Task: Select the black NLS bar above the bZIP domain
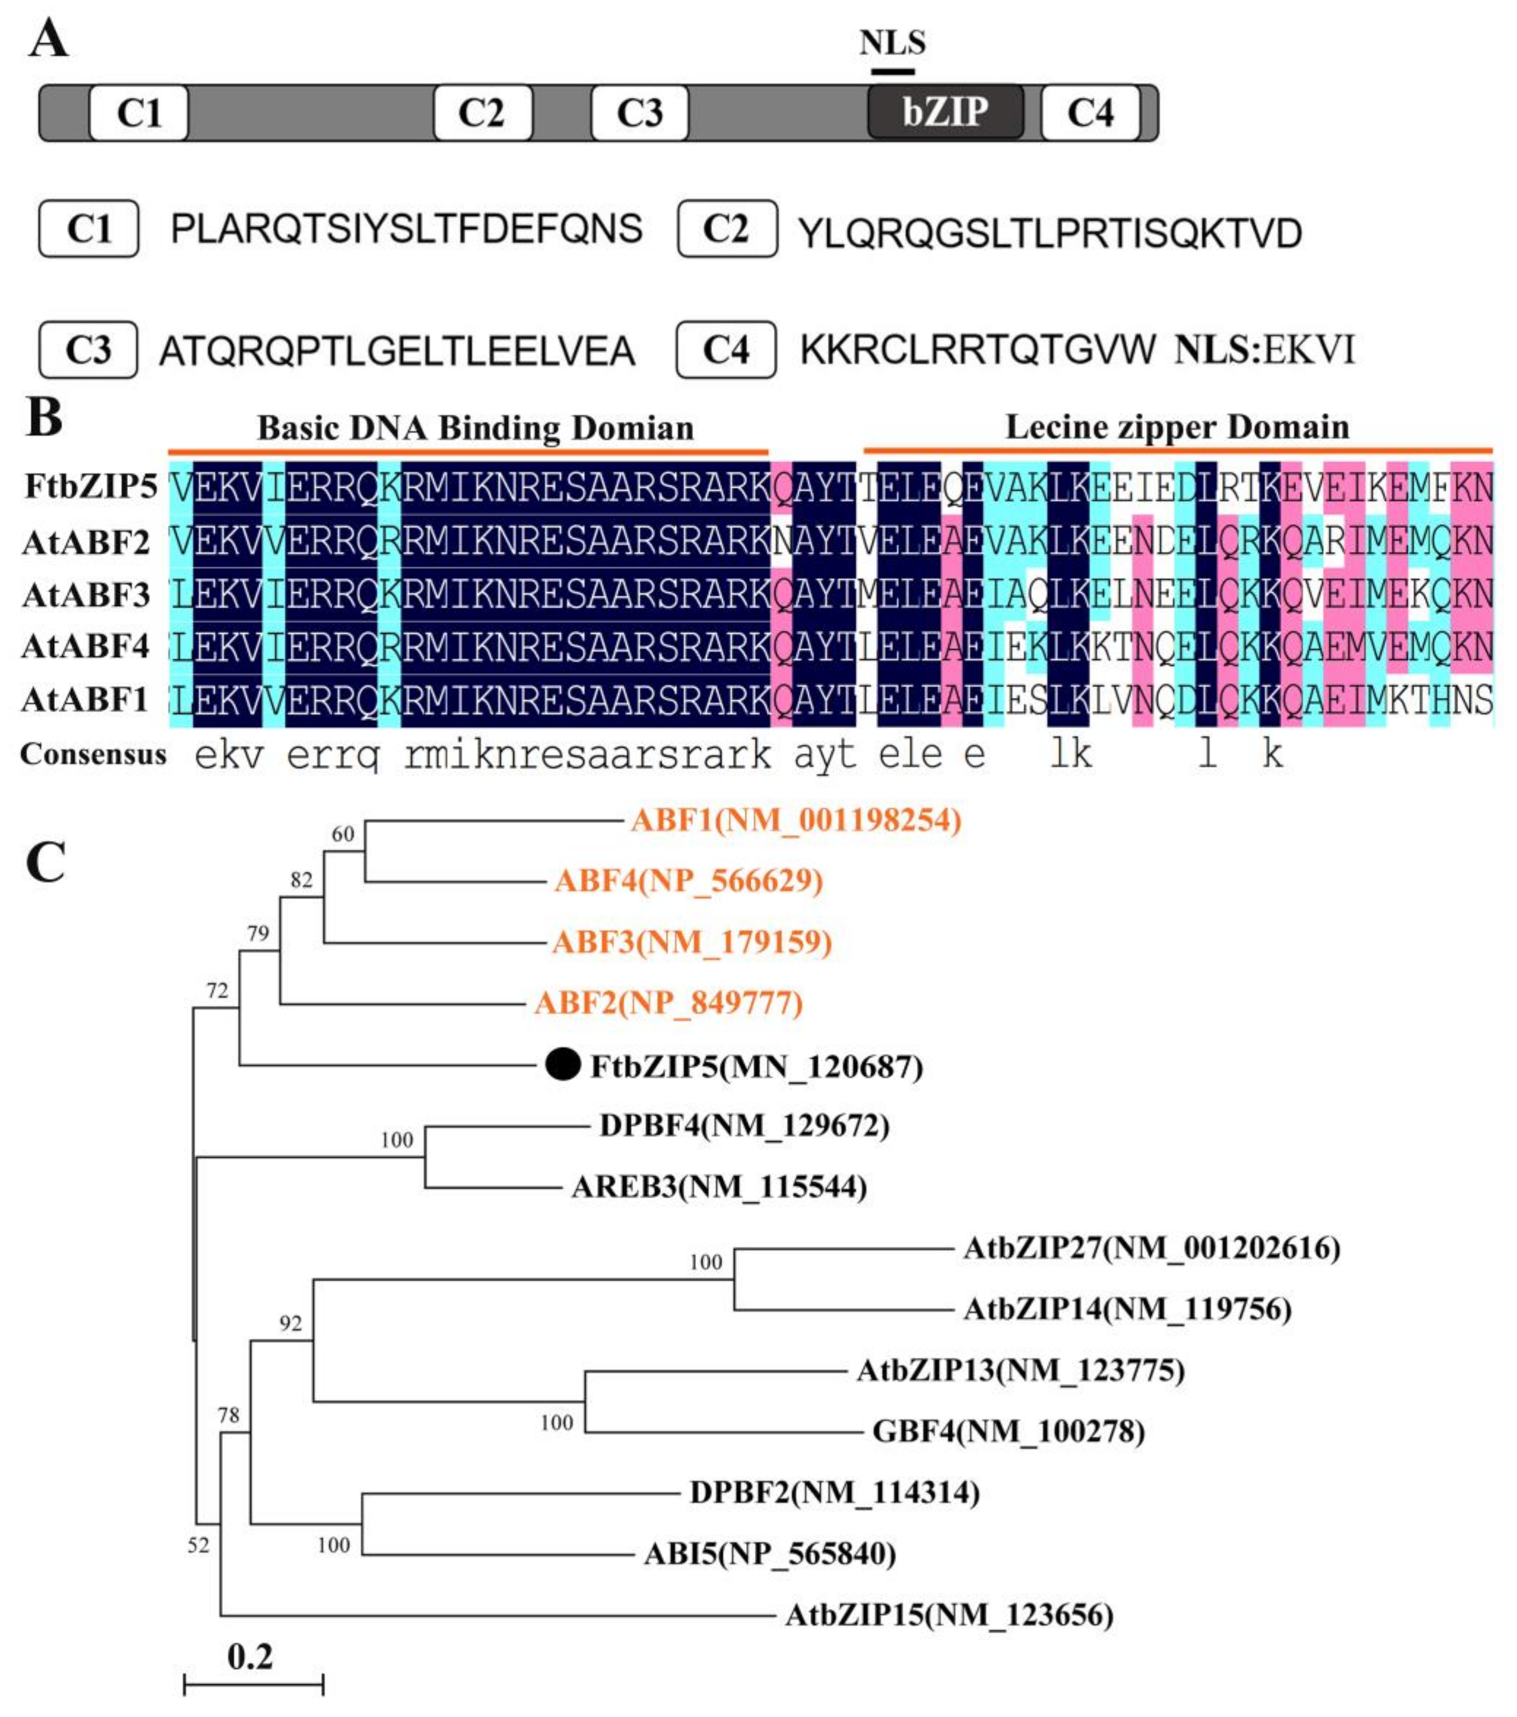tap(892, 71)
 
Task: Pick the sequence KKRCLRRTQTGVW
tap(978, 350)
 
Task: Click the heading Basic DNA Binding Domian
tap(475, 428)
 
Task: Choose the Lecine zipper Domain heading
tap(1177, 427)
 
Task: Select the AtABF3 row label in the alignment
tap(87, 595)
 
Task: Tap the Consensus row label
tap(93, 754)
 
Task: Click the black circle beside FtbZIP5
tap(563, 1065)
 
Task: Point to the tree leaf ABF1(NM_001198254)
tap(795, 820)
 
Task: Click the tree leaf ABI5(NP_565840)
tap(769, 1554)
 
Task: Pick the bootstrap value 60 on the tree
tap(343, 834)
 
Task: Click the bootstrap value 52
tap(198, 1546)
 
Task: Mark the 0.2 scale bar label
tap(250, 1657)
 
